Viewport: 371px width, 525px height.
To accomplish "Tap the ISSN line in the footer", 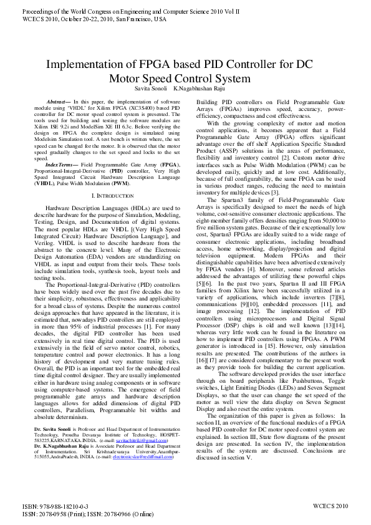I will click(87, 514).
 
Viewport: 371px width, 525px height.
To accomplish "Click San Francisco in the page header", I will click(147, 19).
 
